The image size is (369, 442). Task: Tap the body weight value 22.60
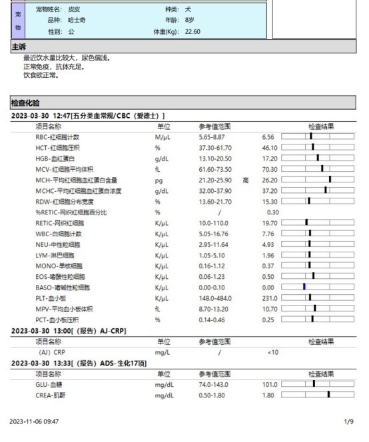tap(192, 31)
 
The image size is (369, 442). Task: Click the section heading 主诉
tap(19, 47)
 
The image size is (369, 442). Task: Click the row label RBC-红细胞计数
tap(58, 136)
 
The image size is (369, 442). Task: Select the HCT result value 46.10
tap(269, 147)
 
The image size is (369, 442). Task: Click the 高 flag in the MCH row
tap(246, 180)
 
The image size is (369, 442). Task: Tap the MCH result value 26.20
tap(269, 180)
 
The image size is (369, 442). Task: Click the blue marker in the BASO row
tap(304, 286)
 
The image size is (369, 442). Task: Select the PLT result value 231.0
tap(269, 298)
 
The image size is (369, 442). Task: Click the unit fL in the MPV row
tap(158, 308)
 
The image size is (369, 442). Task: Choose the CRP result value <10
tap(272, 351)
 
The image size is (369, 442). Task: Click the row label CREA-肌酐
tap(50, 395)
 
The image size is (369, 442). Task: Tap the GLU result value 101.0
tap(269, 384)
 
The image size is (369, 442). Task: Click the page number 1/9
tap(348, 421)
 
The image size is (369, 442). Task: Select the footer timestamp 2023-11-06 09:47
tap(34, 421)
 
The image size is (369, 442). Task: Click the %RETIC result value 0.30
tap(272, 212)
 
